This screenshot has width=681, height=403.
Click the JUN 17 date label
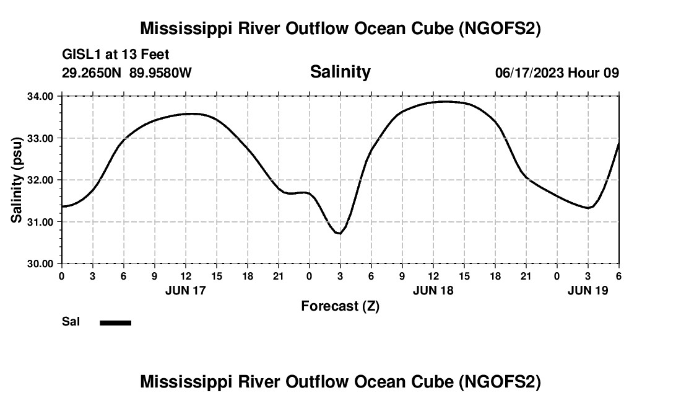(186, 290)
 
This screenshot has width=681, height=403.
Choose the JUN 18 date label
(433, 290)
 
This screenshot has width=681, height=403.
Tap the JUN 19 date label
(588, 290)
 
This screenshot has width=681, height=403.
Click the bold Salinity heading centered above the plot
(340, 72)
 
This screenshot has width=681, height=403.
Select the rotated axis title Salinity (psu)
(17, 180)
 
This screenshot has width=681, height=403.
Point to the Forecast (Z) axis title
(340, 306)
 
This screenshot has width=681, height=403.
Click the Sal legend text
(71, 322)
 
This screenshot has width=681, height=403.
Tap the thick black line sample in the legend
(115, 322)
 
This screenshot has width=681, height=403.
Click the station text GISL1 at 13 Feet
(116, 55)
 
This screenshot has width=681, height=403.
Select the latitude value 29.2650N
(92, 73)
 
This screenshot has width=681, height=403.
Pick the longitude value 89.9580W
(160, 73)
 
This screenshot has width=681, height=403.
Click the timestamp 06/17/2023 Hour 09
(557, 73)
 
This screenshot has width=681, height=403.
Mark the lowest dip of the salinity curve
(339, 233)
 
